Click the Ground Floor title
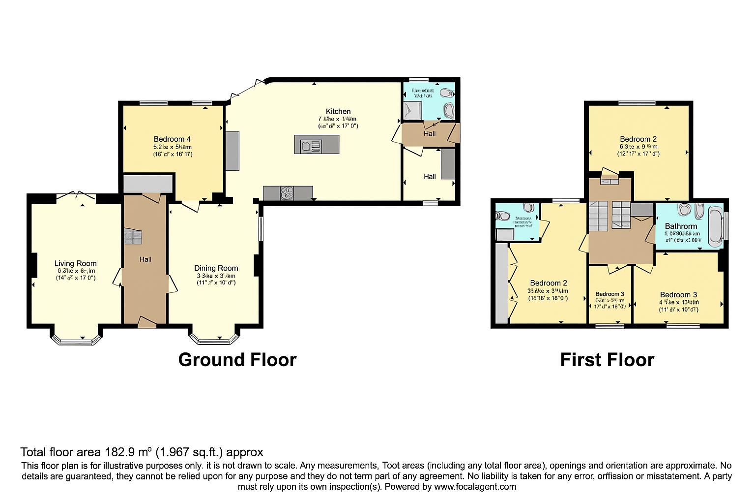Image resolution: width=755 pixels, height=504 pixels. (x=237, y=360)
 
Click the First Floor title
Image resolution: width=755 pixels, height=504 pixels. (x=607, y=360)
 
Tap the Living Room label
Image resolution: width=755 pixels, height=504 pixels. (x=75, y=263)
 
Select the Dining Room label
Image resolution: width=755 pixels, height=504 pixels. (x=216, y=268)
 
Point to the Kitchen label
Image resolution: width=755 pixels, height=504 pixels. (x=338, y=111)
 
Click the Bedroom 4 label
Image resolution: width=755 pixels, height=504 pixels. (x=172, y=139)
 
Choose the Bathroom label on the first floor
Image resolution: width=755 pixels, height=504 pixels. (x=681, y=226)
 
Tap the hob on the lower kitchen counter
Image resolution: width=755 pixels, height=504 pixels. (x=286, y=193)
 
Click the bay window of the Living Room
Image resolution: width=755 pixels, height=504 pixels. (x=76, y=337)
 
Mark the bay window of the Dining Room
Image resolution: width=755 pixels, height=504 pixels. (x=214, y=337)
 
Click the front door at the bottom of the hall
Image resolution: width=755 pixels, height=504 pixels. (x=146, y=322)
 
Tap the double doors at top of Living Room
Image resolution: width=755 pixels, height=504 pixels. (x=76, y=196)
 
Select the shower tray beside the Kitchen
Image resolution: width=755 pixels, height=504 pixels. (x=412, y=110)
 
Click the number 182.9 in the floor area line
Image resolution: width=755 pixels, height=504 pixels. (x=121, y=452)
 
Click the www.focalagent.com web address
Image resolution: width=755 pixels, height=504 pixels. (x=474, y=487)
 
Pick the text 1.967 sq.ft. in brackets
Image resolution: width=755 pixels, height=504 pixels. (x=191, y=452)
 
